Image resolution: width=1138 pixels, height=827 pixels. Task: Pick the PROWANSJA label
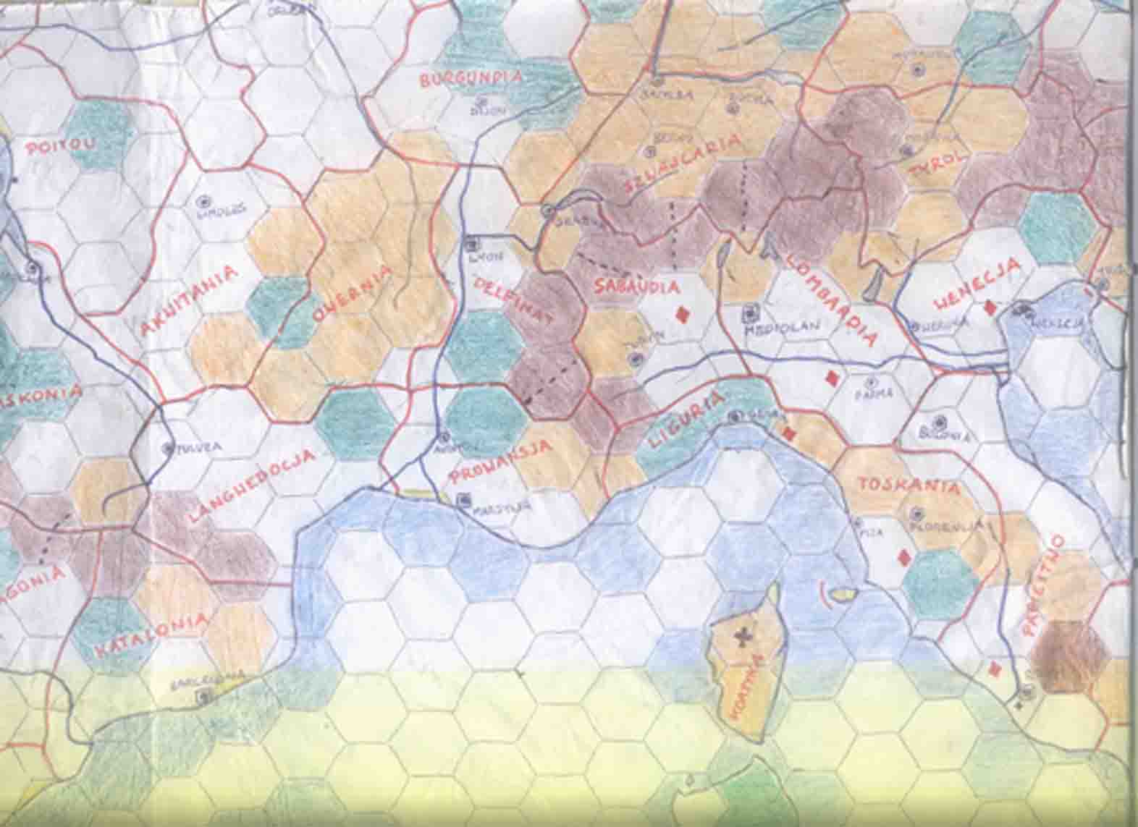point(501,460)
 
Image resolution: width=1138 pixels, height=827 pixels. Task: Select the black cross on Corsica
point(742,637)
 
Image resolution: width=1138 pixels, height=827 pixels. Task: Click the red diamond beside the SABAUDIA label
point(681,314)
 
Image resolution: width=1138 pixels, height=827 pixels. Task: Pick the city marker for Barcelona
point(205,696)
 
